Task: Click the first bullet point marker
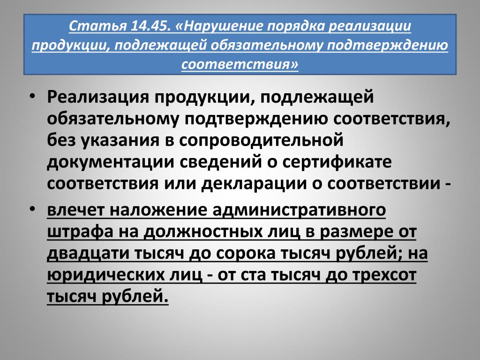[32, 97]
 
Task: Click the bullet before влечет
[32, 210]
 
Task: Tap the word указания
[120, 141]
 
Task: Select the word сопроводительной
[261, 141]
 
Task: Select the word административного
[299, 210]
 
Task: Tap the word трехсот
[384, 275]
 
